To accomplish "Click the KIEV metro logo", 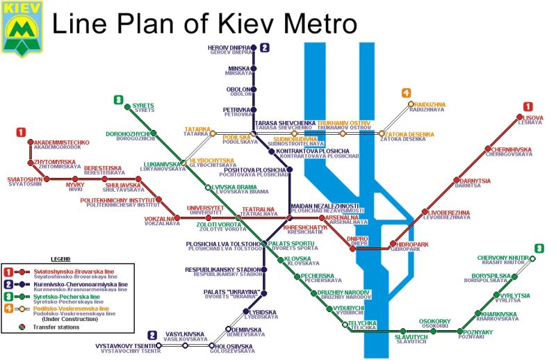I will click(22, 28).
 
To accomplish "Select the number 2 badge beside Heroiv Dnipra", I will click(264, 48).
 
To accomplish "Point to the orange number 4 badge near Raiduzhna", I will click(406, 93).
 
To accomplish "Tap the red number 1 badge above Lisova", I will click(528, 107).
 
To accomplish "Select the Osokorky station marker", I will click(434, 332).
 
